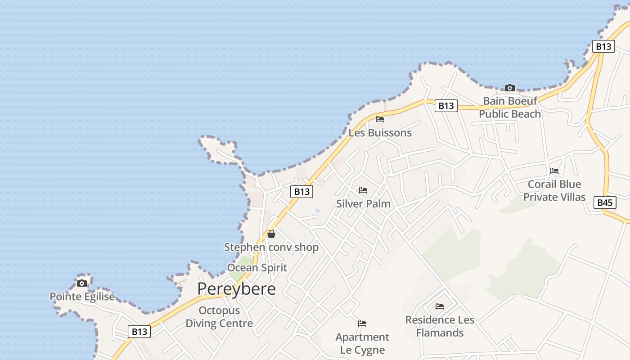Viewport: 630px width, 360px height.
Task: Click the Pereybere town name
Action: pos(236,289)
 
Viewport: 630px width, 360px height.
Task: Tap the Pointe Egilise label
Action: pos(82,297)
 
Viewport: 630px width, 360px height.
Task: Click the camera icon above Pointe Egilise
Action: pos(82,283)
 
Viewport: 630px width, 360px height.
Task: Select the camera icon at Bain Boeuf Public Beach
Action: pos(510,88)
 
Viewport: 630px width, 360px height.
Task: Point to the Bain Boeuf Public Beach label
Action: pos(510,108)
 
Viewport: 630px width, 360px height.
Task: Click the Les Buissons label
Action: pos(380,133)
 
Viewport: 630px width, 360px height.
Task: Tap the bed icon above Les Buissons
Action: pos(380,119)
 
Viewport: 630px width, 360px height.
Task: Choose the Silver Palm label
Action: pos(363,203)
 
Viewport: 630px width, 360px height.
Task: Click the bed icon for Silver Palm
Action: pos(363,190)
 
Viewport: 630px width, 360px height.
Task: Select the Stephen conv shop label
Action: pos(271,247)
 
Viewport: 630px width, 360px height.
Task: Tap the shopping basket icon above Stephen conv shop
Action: pos(271,234)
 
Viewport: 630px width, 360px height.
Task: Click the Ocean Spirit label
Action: pos(257,268)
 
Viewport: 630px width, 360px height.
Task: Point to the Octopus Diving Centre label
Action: pos(219,317)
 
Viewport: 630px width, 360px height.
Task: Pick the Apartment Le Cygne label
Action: pos(362,343)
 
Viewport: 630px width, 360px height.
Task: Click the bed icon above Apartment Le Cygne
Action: pos(362,324)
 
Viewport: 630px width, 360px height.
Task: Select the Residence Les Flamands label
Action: pos(440,326)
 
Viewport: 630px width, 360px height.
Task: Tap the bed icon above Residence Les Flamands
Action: pos(440,306)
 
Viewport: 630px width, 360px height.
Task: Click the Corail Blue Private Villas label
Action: pos(554,190)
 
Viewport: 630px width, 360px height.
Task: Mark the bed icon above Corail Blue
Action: pos(554,171)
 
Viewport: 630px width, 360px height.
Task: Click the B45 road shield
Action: pos(605,202)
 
